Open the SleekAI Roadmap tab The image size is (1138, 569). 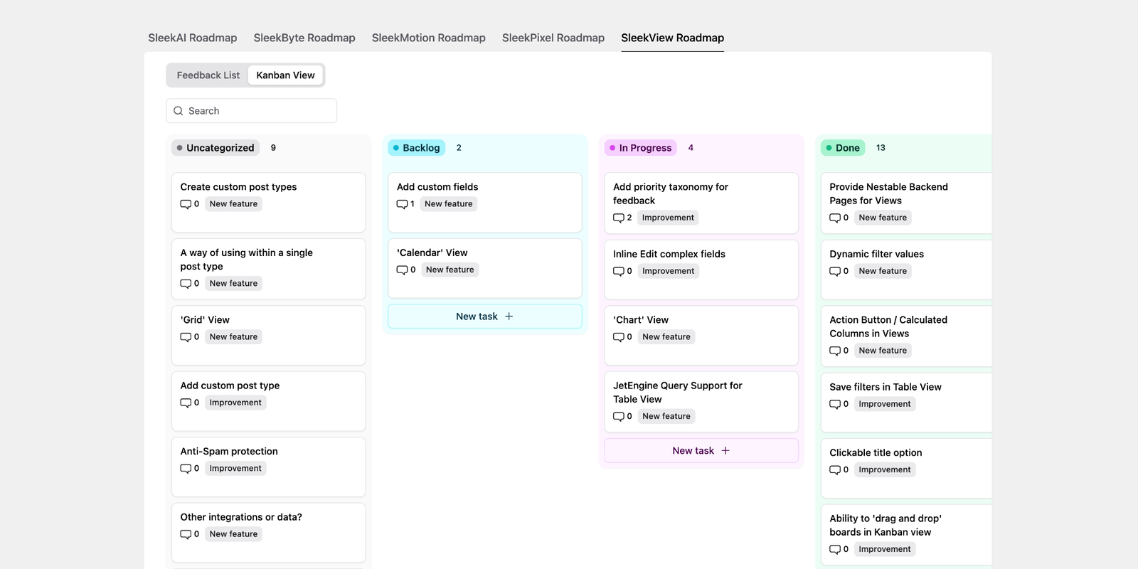pyautogui.click(x=192, y=38)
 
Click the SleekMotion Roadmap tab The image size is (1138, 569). pyautogui.click(x=428, y=38)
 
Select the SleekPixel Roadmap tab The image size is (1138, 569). pyautogui.click(x=553, y=38)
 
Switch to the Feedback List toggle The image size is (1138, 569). pyautogui.click(x=208, y=75)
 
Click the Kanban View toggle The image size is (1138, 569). pyautogui.click(x=285, y=75)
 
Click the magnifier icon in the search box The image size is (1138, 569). pyautogui.click(x=179, y=111)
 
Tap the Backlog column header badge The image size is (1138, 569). pyautogui.click(x=417, y=148)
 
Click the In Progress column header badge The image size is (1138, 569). pyautogui.click(x=641, y=148)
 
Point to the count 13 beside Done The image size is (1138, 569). pyautogui.click(x=881, y=148)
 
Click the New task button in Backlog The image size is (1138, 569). pyautogui.click(x=484, y=317)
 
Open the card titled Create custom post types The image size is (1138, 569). pyautogui.click(x=238, y=187)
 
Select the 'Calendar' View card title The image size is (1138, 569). pyautogui.click(x=432, y=252)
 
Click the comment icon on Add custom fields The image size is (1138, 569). pyautogui.click(x=402, y=204)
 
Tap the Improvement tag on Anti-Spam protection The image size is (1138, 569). pyautogui.click(x=235, y=469)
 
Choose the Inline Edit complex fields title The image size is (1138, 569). pyautogui.click(x=669, y=254)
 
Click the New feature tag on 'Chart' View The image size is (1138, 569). pyautogui.click(x=666, y=337)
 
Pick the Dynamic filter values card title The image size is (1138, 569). pyautogui.click(x=876, y=254)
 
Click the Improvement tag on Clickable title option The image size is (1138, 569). pyautogui.click(x=884, y=470)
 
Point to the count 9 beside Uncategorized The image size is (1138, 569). pyautogui.click(x=273, y=148)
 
